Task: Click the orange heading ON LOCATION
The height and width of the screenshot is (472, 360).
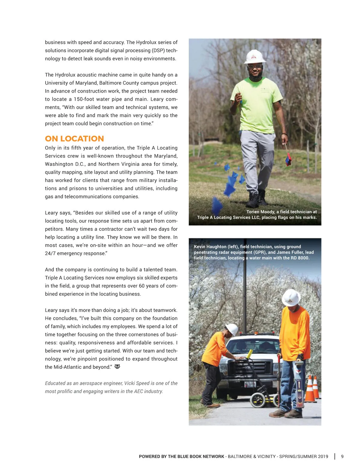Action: click(x=74, y=139)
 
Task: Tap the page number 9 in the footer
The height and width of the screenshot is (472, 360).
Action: click(x=342, y=456)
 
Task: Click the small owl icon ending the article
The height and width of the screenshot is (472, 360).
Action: click(x=117, y=367)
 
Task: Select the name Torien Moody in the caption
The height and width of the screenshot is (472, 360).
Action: click(x=260, y=212)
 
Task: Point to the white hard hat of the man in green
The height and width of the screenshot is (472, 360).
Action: click(x=255, y=56)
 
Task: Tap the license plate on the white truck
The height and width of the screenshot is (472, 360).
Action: click(x=250, y=384)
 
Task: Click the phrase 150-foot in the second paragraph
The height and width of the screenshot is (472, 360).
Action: click(x=85, y=99)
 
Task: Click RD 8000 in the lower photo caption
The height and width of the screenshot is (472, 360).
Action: click(x=300, y=258)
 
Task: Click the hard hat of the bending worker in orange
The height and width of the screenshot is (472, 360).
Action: click(x=232, y=329)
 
